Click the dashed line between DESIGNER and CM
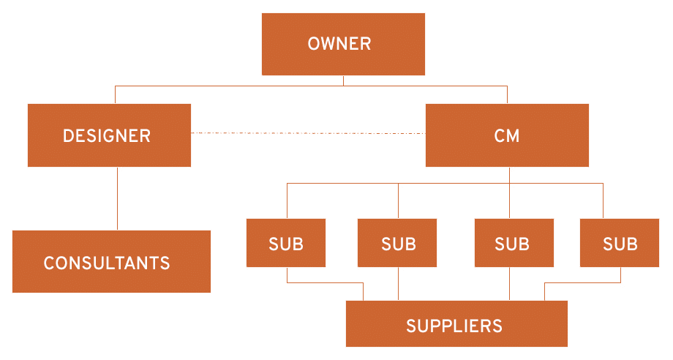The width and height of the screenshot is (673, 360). pyautogui.click(x=307, y=134)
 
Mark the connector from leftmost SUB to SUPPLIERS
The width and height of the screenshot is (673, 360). pyautogui.click(x=326, y=282)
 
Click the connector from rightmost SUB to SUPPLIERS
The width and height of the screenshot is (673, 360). pyautogui.click(x=582, y=282)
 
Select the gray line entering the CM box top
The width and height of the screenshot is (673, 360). pyautogui.click(x=507, y=94)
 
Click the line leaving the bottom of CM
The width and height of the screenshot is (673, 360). pyautogui.click(x=510, y=175)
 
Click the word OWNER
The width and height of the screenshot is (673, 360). pyautogui.click(x=339, y=44)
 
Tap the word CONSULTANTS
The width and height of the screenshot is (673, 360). pyautogui.click(x=107, y=263)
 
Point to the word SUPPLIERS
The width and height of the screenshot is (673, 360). pyautogui.click(x=454, y=326)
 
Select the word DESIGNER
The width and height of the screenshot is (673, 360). pyautogui.click(x=107, y=135)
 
